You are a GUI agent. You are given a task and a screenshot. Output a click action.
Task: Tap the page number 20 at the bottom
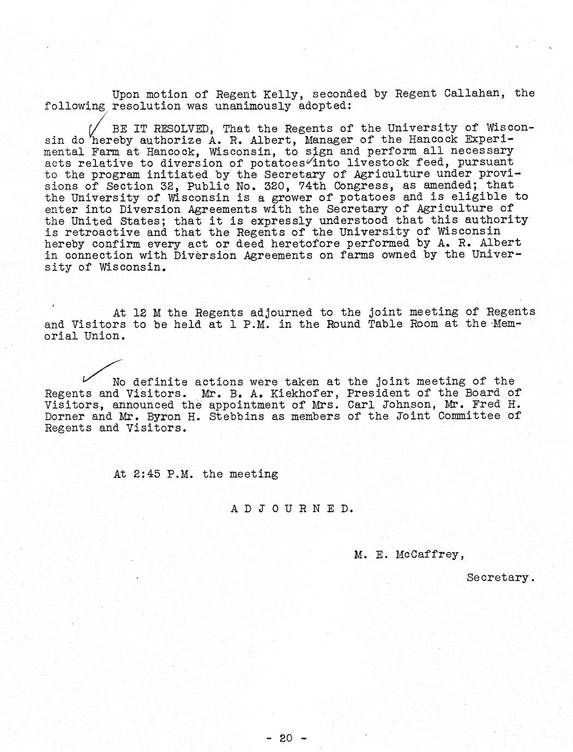pos(286,738)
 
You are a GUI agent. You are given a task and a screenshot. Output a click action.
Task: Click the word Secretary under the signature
pos(498,577)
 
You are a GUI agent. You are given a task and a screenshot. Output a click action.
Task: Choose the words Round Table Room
pos(380,324)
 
